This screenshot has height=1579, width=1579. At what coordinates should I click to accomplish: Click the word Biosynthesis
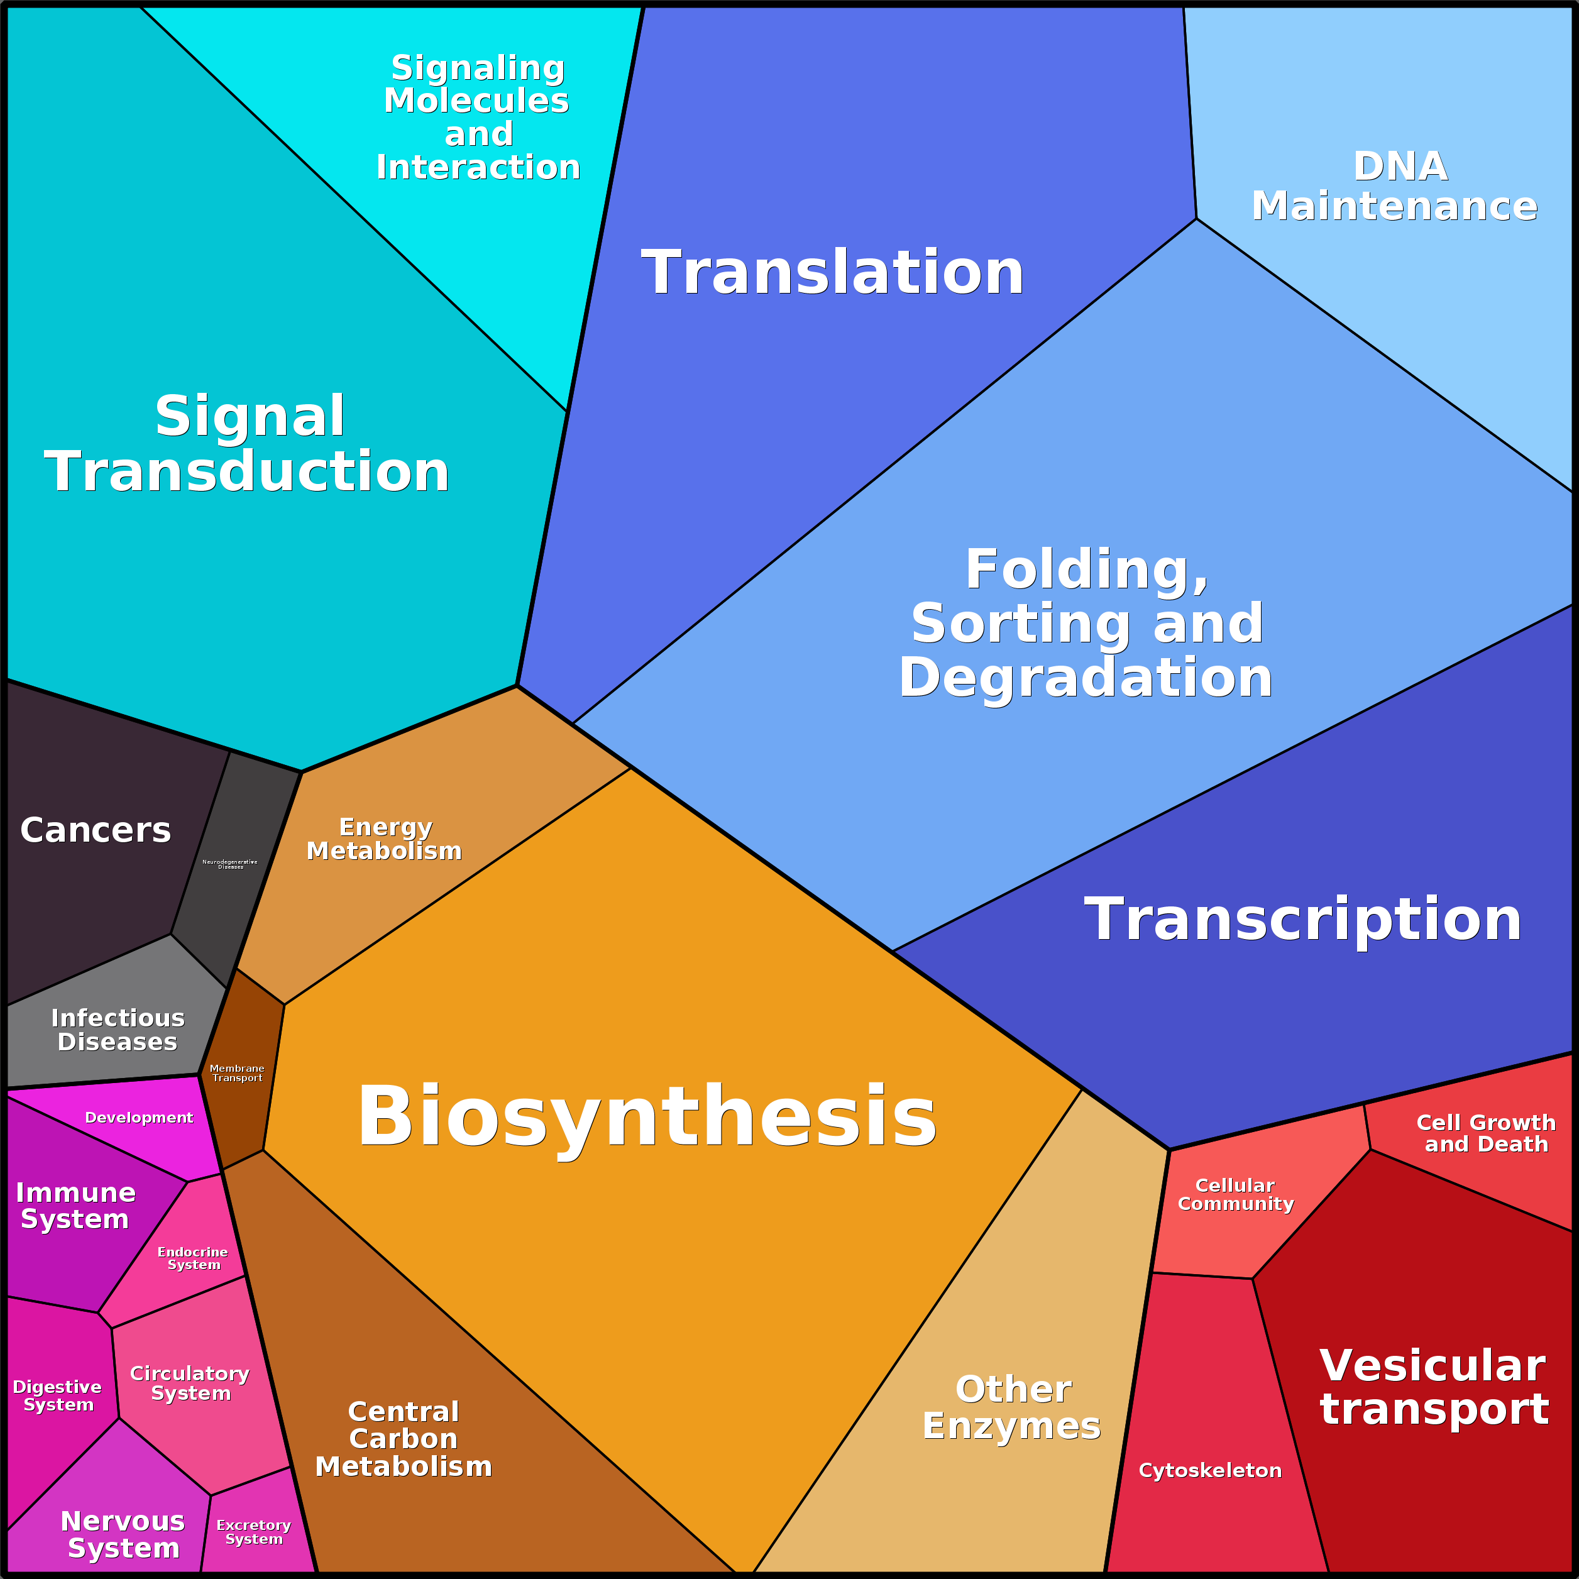(646, 1116)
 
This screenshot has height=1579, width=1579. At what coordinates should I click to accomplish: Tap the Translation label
(832, 272)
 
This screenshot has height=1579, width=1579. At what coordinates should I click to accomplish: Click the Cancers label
(96, 830)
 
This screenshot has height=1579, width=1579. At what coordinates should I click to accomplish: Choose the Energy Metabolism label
(384, 839)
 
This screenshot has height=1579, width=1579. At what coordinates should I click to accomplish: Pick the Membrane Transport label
(237, 1073)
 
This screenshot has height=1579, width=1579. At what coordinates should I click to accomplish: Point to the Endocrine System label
(193, 1258)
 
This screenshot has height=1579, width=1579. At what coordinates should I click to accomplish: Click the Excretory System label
(253, 1532)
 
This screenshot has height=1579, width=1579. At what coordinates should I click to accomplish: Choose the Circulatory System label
(190, 1383)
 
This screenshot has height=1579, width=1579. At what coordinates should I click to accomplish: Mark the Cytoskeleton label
(1209, 1470)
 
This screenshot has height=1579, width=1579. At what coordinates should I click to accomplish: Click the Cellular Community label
(1235, 1194)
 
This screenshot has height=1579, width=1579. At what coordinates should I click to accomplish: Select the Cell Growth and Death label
(1486, 1133)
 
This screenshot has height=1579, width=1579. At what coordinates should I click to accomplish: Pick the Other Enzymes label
(1012, 1407)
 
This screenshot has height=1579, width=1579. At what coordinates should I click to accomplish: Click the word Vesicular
(1432, 1366)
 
